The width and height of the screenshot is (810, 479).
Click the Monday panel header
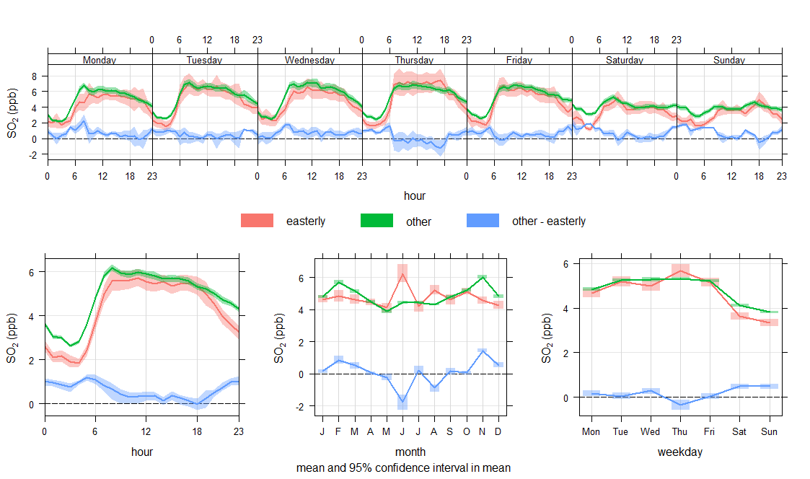100,60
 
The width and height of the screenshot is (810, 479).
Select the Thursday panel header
415,60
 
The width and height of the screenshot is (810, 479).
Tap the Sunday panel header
729,60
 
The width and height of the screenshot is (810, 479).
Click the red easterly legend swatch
257,221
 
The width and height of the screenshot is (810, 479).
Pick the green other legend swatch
377,221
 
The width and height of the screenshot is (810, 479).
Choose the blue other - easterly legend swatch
483,221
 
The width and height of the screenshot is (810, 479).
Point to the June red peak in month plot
402,273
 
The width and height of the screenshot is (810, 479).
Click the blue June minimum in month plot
402,401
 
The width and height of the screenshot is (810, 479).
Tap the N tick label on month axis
482,431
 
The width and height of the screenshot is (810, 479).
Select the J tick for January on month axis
322,431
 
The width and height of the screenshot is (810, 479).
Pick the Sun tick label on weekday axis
769,431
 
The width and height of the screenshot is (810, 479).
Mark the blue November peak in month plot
482,351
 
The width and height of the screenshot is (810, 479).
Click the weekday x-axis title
680,452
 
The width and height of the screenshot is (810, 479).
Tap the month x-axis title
410,452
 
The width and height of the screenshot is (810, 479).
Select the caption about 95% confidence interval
403,467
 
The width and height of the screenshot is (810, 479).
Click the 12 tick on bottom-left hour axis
146,431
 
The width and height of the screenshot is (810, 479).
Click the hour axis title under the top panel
415,195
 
